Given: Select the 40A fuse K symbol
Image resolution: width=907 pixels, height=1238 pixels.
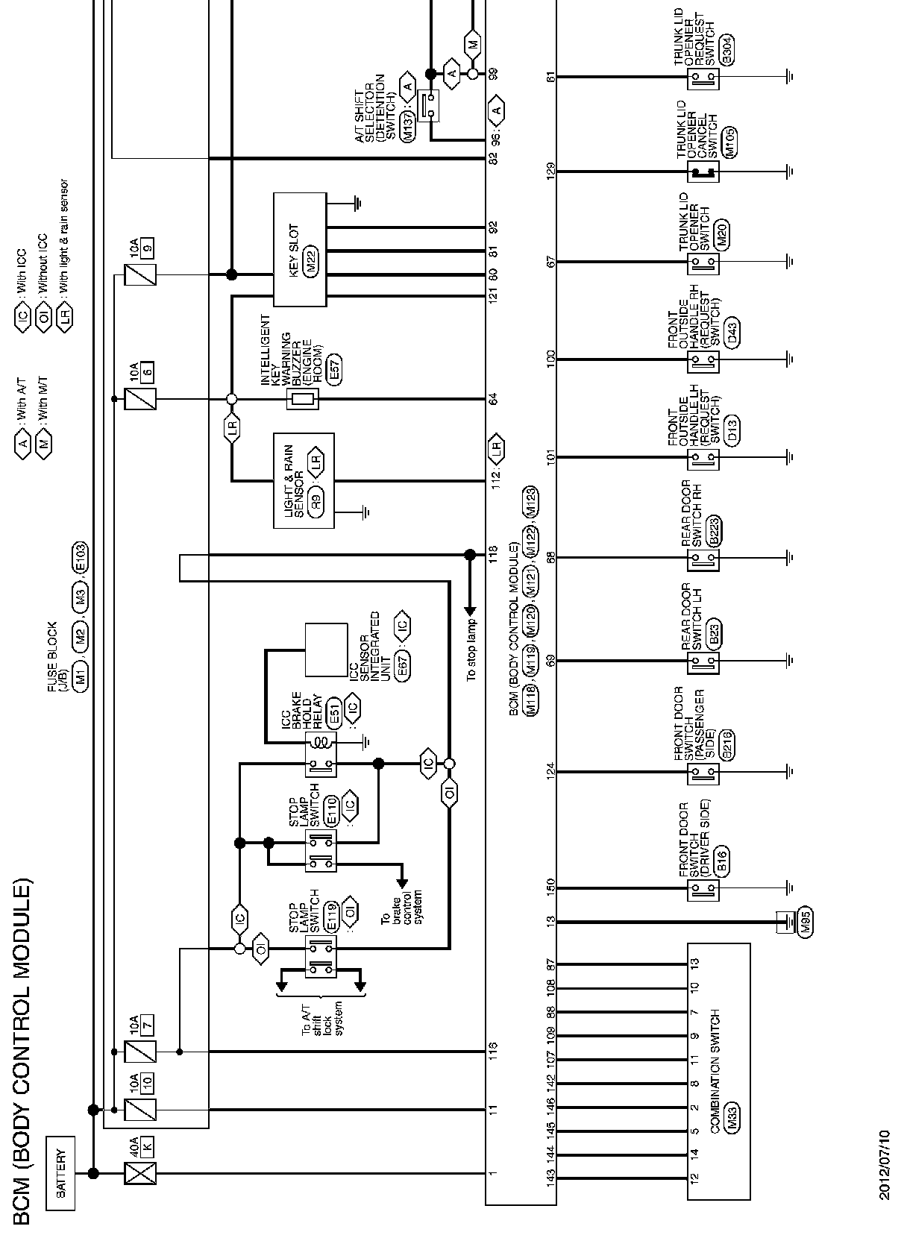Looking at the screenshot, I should pyautogui.click(x=142, y=1173).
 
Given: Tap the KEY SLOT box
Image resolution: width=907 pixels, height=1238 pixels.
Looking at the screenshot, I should pyautogui.click(x=300, y=250).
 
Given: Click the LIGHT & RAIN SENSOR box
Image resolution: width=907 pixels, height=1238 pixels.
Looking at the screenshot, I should pyautogui.click(x=304, y=481).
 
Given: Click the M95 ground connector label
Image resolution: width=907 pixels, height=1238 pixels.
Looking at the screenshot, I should pyautogui.click(x=804, y=923).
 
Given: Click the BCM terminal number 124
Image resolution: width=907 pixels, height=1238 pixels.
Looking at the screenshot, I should pyautogui.click(x=551, y=773).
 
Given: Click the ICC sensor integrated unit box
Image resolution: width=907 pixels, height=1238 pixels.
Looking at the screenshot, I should pyautogui.click(x=327, y=649).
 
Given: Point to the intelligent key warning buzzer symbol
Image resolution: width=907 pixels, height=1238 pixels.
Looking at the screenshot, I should pyautogui.click(x=303, y=399).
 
